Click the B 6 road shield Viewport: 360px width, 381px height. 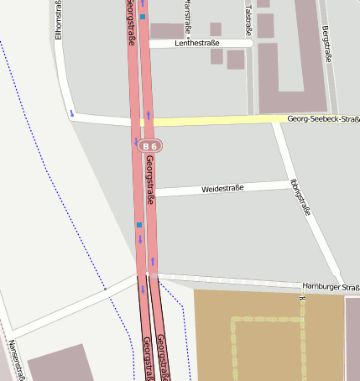[x=150, y=145]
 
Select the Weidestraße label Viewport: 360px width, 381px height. [x=222, y=188]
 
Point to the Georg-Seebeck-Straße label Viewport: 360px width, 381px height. [x=322, y=120]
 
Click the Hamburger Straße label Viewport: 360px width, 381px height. [x=331, y=286]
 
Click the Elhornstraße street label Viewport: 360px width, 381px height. [x=58, y=20]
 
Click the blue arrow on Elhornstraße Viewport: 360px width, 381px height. [x=72, y=112]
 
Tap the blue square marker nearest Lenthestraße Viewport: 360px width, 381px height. [x=143, y=17]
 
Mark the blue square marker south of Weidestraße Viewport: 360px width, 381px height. [x=139, y=225]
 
